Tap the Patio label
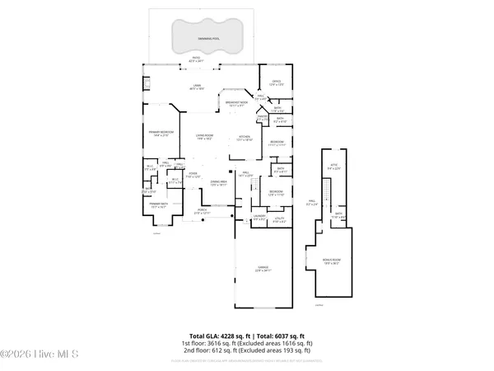pyautogui.click(x=196, y=59)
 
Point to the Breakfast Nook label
pyautogui.click(x=237, y=104)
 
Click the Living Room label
pyautogui.click(x=204, y=138)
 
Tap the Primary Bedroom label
pyautogui.click(x=159, y=134)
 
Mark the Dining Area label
pyautogui.click(x=218, y=184)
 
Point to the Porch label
pyautogui.click(x=202, y=211)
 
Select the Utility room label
pyautogui.click(x=280, y=220)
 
